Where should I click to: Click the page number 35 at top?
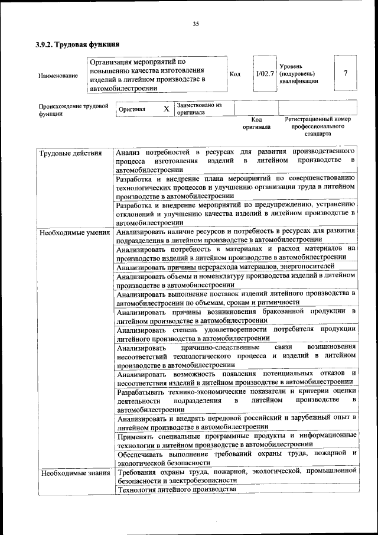[x=195, y=24]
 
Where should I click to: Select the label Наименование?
[x=58, y=76]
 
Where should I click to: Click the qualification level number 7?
[x=345, y=73]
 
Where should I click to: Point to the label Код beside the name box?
[x=235, y=74]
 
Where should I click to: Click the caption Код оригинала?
[x=256, y=123]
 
